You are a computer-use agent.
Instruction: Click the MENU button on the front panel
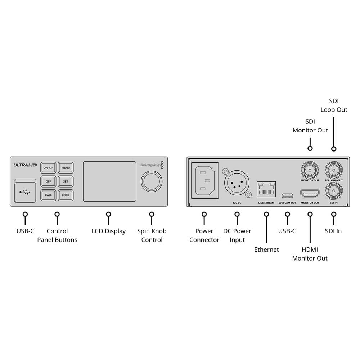(66, 168)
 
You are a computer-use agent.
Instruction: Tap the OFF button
(48, 181)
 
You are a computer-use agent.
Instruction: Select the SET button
(66, 181)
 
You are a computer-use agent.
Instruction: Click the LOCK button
(66, 195)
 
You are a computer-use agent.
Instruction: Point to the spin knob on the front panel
(152, 181)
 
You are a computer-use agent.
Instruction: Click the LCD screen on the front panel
(109, 181)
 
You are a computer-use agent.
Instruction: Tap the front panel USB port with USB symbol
(25, 192)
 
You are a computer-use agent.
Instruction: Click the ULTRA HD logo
(25, 165)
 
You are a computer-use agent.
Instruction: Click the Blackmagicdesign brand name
(150, 165)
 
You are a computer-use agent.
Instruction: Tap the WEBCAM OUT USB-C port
(287, 196)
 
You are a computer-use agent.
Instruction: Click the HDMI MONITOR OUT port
(310, 194)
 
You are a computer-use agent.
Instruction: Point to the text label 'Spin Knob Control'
(152, 235)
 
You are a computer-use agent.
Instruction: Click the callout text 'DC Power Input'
(237, 235)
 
